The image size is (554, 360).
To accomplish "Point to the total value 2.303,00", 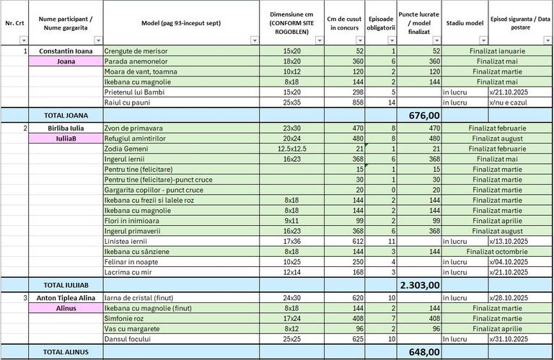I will tap(419, 284).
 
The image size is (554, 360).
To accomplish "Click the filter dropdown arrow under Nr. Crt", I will tap(23, 40).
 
